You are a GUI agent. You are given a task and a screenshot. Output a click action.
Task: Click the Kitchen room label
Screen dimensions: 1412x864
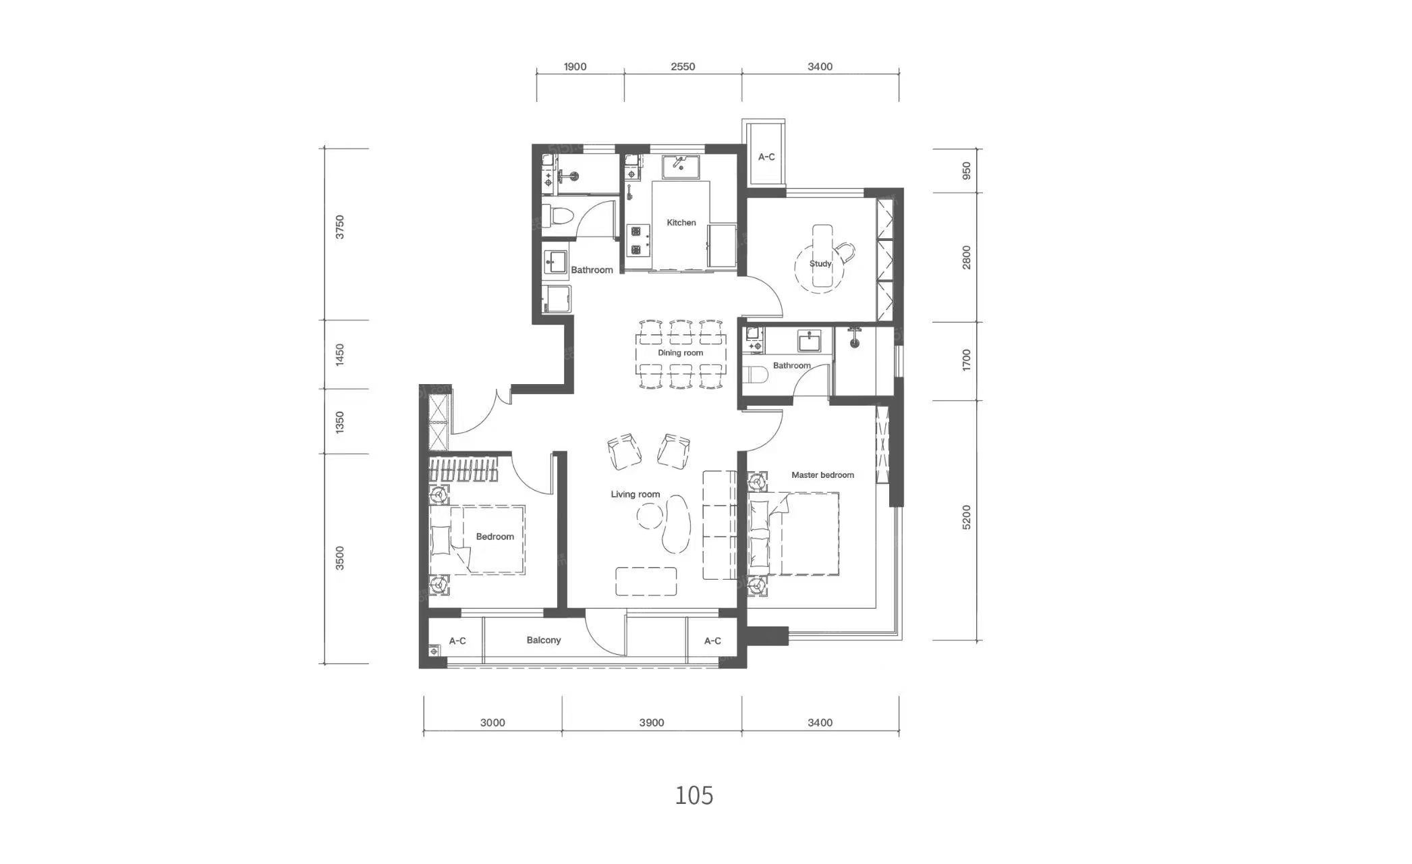point(681,223)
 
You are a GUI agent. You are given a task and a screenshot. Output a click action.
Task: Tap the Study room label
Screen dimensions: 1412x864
point(820,264)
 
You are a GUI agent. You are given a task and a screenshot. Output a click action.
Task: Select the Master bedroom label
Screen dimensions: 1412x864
point(822,475)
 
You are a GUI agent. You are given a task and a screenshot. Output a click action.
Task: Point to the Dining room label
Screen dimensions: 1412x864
point(680,353)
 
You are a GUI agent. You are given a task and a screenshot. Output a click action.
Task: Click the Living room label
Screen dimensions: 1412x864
point(635,495)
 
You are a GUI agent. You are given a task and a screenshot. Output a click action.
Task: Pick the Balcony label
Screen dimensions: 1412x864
point(544,641)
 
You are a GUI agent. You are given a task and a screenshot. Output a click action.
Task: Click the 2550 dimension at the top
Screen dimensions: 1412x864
point(683,67)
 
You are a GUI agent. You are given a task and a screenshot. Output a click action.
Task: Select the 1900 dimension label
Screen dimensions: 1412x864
point(575,67)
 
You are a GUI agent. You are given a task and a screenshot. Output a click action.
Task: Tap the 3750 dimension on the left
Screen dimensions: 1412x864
point(340,227)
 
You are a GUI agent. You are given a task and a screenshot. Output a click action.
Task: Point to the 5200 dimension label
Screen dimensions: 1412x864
point(967,517)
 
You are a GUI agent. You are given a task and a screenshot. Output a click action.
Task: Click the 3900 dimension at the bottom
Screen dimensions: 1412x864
point(652,723)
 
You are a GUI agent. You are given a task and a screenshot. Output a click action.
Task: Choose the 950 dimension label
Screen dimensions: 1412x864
point(967,171)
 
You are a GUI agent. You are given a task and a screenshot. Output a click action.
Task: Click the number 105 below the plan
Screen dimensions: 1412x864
point(694,796)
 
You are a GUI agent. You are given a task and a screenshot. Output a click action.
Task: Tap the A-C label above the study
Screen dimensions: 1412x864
point(766,157)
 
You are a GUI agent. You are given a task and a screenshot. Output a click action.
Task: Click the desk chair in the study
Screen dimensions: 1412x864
point(844,253)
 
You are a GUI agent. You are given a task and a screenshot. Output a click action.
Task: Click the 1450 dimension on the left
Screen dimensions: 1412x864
point(340,355)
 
